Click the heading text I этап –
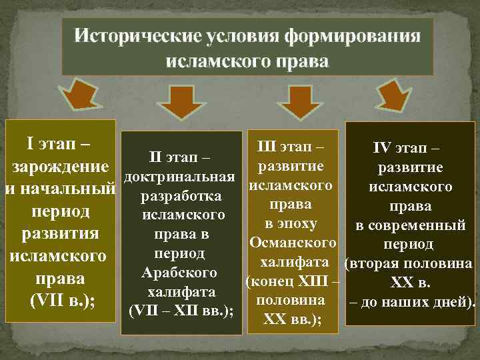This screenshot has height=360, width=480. (x=59, y=143)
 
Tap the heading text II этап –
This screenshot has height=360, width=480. (x=180, y=158)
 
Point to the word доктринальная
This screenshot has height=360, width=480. (x=179, y=177)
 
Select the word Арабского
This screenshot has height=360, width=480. (x=179, y=273)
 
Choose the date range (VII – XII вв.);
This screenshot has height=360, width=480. (x=180, y=311)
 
